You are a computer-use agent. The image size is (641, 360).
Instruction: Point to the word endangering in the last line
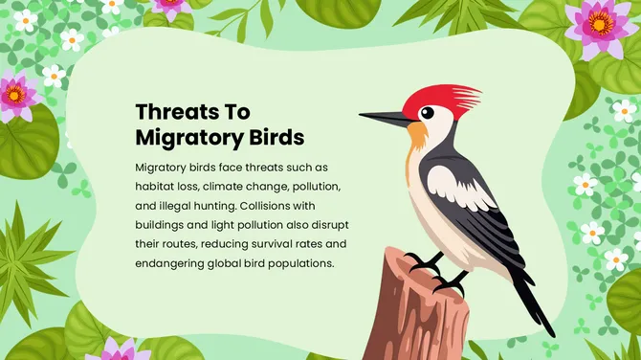click(170, 263)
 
